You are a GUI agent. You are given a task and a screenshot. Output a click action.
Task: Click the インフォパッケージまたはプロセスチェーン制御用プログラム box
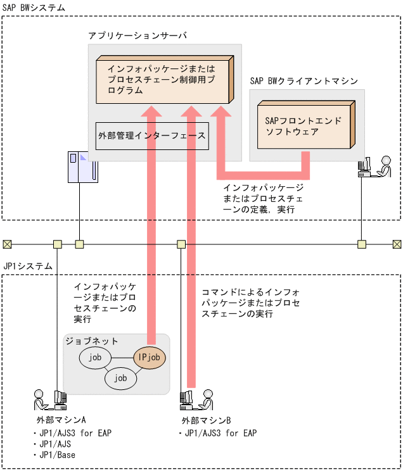point(162,80)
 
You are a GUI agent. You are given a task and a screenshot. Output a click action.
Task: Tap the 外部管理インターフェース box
point(152,135)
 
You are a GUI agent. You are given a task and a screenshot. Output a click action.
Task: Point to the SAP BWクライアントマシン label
point(304,81)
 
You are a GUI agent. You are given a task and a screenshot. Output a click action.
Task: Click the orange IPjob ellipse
point(150,358)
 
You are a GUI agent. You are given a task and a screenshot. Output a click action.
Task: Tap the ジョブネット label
point(92,341)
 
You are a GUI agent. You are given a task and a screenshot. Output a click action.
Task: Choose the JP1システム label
point(28,267)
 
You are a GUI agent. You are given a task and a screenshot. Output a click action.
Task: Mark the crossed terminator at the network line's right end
point(397,244)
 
